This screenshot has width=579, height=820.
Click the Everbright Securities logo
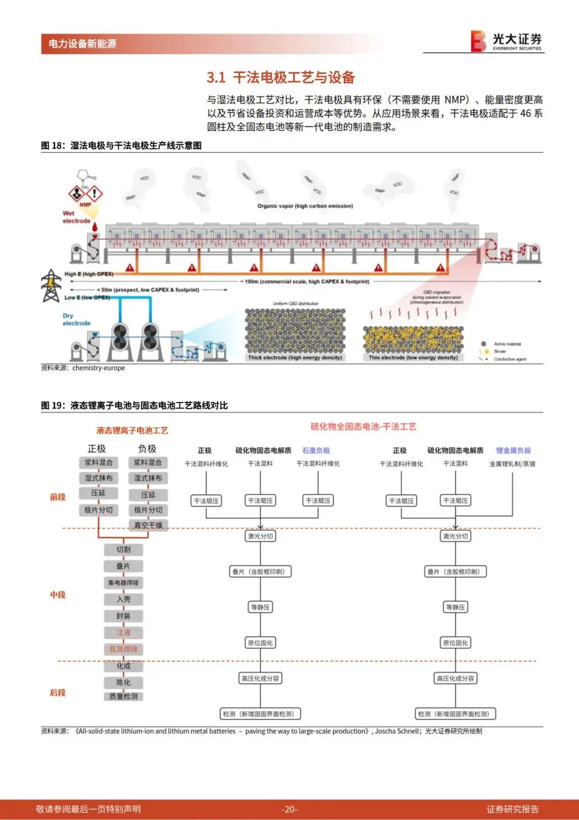pos(506,41)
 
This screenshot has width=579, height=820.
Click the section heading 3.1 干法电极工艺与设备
pos(281,78)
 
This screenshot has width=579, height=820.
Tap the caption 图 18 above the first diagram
pos(121,145)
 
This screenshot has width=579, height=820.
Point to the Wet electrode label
pos(76,217)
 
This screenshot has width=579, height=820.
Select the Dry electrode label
pos(76,319)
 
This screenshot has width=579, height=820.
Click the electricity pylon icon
pos(51,285)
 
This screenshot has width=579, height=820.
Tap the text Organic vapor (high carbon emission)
pos(305,206)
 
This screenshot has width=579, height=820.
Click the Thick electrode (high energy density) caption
pos(295,357)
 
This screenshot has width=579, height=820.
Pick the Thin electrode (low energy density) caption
pos(413,357)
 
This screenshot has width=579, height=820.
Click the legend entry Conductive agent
pos(510,359)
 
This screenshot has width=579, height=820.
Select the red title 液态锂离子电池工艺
pos(132,430)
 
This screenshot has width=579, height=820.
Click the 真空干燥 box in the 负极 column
pos(148,525)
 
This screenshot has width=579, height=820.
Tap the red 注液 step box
pos(123,632)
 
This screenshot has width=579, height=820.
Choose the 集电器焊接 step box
pos(123,582)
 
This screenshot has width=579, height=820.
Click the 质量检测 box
pos(123,696)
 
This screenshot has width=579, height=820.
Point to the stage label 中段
pos(58,595)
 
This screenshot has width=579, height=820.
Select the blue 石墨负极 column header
pos(316,450)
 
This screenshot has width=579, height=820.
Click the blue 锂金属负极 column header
pos(513,450)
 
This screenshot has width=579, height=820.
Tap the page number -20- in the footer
pos(289,809)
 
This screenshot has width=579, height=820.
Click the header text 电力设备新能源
pos(83,44)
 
